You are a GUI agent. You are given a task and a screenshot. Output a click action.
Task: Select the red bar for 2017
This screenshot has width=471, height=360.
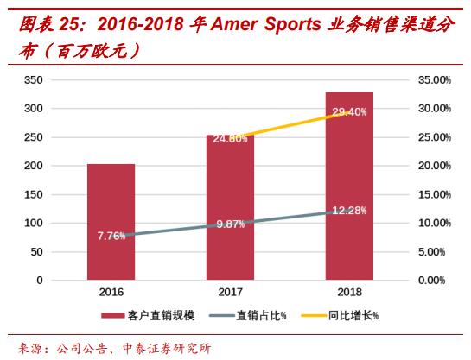230,207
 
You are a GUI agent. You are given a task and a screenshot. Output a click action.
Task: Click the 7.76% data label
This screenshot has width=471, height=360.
111,236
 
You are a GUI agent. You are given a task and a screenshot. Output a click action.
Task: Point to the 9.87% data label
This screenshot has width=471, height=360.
230,224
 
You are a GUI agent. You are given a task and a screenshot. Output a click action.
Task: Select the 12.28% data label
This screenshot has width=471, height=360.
349,211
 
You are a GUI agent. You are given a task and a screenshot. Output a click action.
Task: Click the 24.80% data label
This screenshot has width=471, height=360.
230,138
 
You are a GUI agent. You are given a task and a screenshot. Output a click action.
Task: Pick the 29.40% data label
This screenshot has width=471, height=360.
349,112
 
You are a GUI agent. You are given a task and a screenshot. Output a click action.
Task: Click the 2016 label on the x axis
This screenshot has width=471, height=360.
111,293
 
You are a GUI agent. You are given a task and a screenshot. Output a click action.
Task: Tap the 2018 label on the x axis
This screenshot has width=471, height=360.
349,293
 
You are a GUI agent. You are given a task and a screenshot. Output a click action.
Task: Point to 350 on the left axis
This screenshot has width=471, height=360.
35,79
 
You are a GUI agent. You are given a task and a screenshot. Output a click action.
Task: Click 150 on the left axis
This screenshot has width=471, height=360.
35,194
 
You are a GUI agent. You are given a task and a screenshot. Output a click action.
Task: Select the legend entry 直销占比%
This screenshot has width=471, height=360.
258,316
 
